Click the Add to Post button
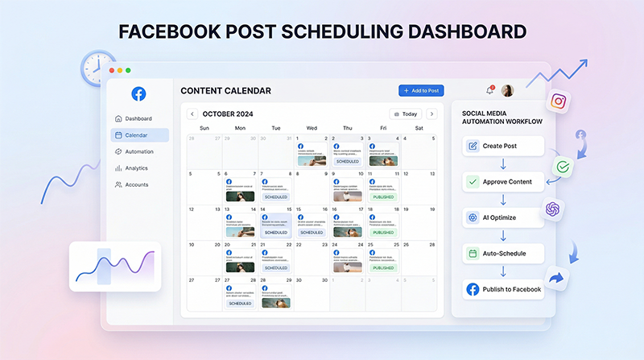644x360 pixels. pos(421,91)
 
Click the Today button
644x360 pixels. pos(405,114)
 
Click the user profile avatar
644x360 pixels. pos(508,90)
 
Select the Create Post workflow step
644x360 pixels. pos(504,146)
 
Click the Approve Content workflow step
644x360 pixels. pos(504,182)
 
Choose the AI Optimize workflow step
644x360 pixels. pos(504,217)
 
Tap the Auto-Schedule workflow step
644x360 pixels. pos(504,253)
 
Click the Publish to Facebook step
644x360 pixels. pos(504,289)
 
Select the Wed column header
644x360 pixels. pos(312,128)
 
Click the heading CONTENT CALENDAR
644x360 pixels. pos(225,91)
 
